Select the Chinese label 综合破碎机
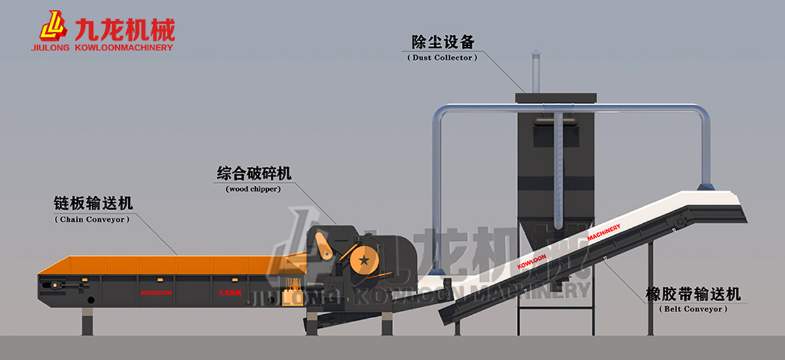pos(254,173)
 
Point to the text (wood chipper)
pos(253,189)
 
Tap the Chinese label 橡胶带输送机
pos(693,294)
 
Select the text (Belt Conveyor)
pos(693,308)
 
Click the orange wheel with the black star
pos(363,260)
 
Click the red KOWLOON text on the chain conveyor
pos(156,292)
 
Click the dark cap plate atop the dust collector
pos(555,98)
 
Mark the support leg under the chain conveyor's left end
pos(87,320)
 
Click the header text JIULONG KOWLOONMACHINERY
pos(101,47)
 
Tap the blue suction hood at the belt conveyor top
pos(706,187)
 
